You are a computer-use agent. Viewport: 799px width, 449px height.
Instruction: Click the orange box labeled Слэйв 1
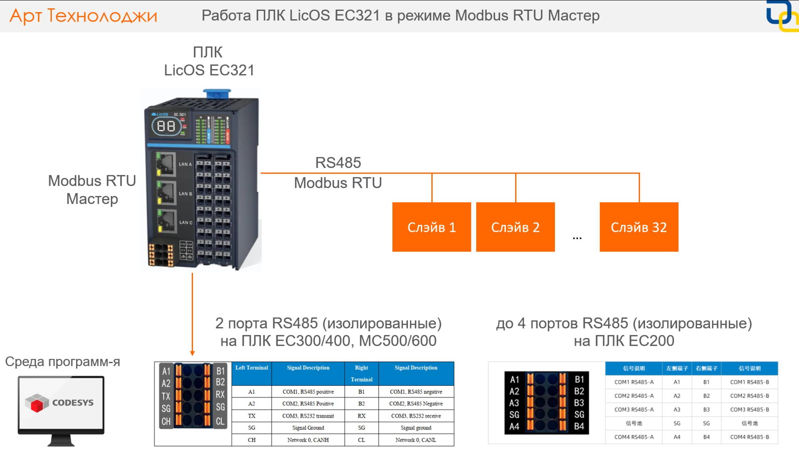coord(431,227)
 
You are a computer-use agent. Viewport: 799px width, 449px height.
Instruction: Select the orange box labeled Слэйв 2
coord(515,227)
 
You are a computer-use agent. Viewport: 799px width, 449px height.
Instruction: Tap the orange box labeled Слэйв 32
coord(639,227)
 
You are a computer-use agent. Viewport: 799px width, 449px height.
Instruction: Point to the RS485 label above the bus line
coord(338,163)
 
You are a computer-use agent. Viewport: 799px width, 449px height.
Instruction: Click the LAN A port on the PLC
coord(166,164)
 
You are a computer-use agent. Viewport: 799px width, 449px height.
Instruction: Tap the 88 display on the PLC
coord(166,126)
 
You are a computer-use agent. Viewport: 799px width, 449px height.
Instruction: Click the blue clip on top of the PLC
coord(217,93)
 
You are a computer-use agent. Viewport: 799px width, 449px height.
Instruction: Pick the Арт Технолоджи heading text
coord(83,16)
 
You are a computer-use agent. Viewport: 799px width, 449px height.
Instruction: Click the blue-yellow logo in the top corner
coord(782,16)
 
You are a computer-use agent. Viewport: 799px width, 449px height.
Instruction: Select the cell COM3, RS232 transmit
coord(308,416)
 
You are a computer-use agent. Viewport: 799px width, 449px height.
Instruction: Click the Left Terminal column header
coord(251,368)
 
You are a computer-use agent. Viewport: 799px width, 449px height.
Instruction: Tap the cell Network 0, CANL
coord(416,440)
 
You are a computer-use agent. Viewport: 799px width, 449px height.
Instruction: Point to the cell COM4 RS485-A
coord(634,437)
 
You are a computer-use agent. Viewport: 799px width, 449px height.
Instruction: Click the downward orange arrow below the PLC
coord(192,315)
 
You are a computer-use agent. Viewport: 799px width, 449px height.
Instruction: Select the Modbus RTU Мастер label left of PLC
coord(92,190)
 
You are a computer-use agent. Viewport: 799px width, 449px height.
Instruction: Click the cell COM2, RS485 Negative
coord(416,404)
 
